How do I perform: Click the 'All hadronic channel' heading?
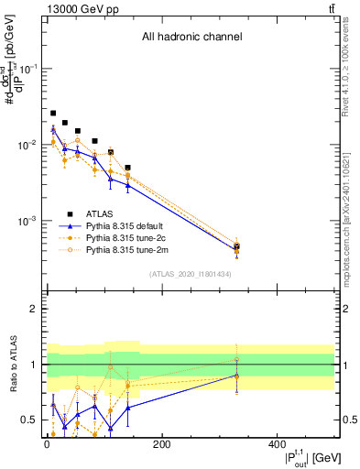click(x=191, y=38)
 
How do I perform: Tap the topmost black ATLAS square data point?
click(x=53, y=113)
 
